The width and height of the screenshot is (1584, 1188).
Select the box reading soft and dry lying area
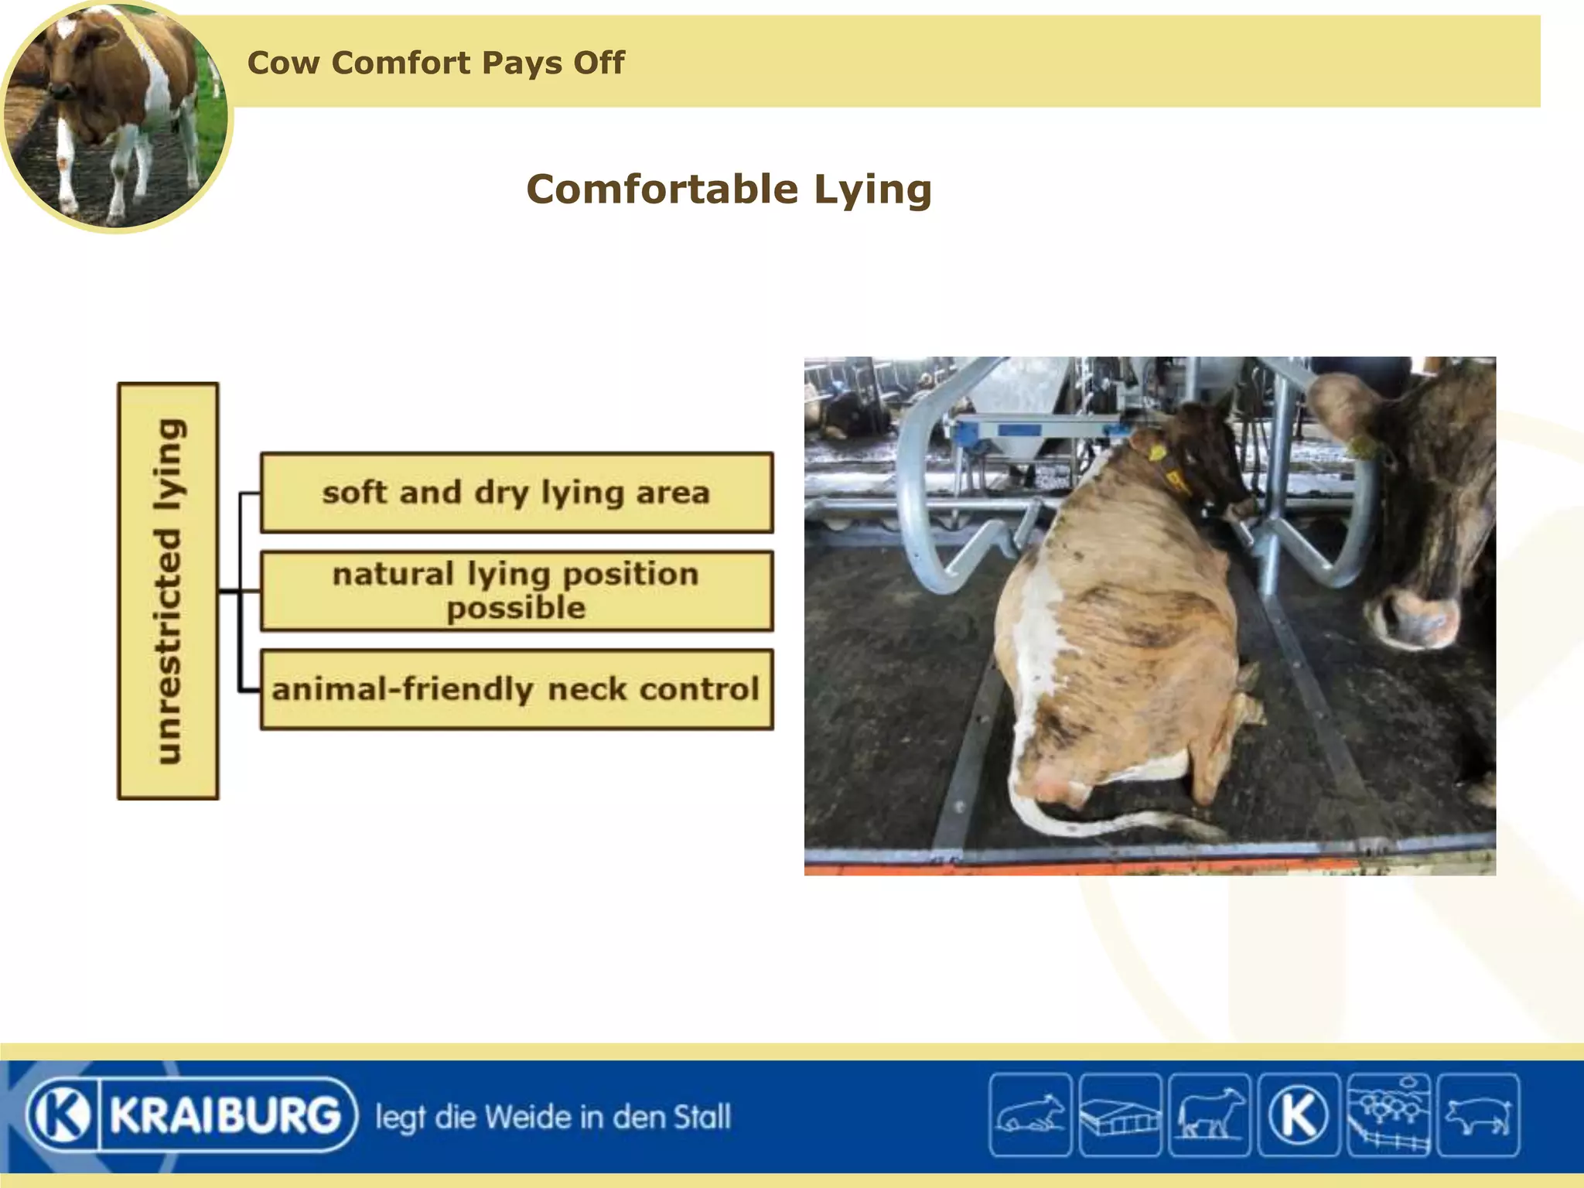pos(517,493)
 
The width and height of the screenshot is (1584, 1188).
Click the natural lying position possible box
pos(517,591)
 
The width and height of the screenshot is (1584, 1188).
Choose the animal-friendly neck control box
pos(517,689)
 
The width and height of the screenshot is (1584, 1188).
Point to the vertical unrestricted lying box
pos(168,591)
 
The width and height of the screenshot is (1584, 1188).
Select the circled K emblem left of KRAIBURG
pos(60,1115)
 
